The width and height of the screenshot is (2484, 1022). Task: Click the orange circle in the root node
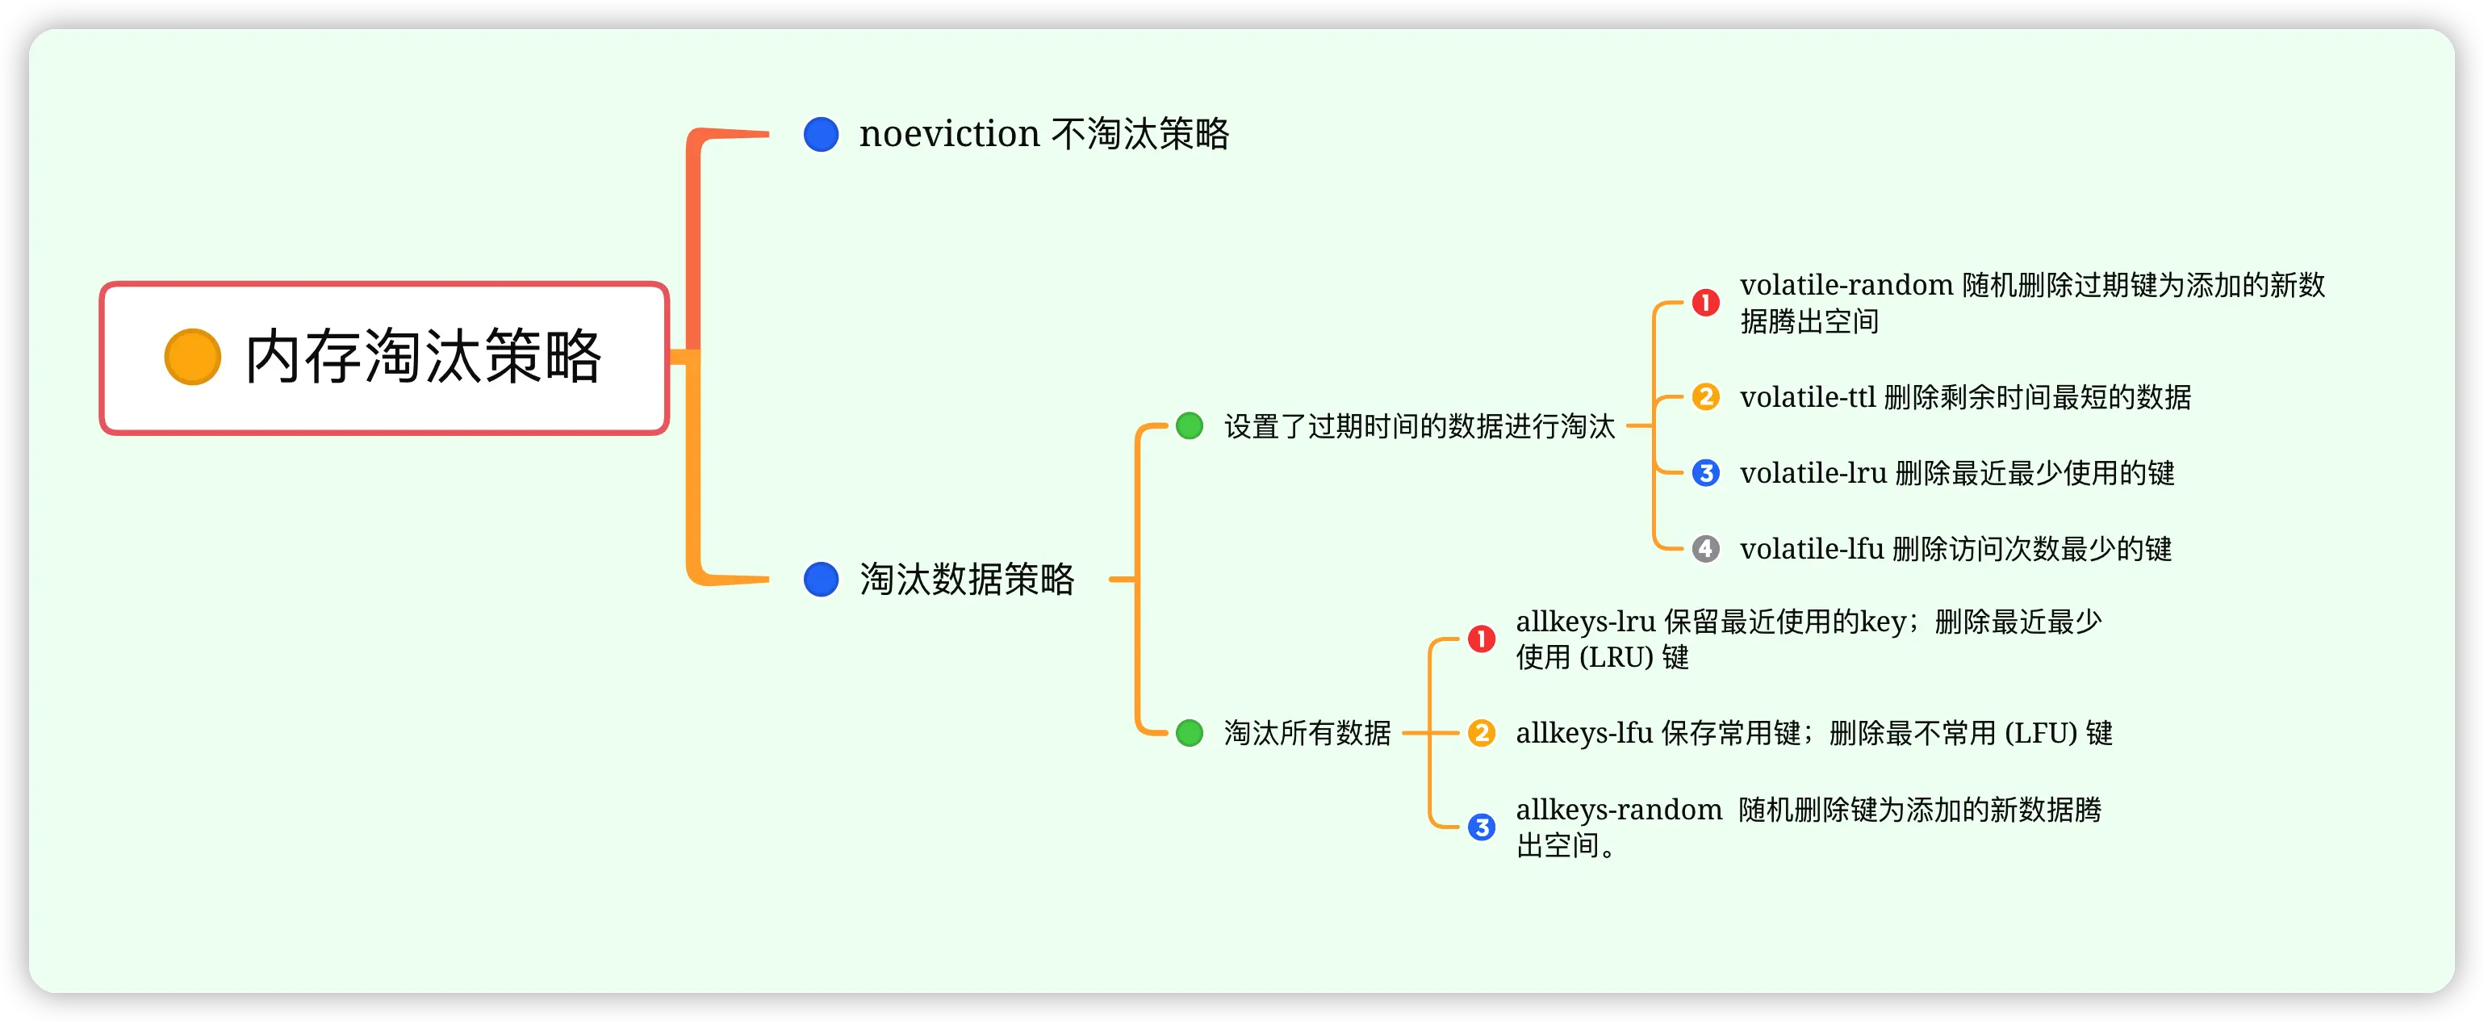[193, 357]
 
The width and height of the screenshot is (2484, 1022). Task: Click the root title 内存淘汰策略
[424, 357]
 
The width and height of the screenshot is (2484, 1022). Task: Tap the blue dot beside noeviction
[821, 134]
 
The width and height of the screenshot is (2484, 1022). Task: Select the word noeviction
[949, 134]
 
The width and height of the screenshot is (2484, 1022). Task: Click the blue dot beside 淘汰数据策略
[821, 580]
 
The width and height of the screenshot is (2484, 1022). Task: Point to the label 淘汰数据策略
[966, 580]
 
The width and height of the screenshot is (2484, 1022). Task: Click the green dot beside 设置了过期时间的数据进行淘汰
[1189, 425]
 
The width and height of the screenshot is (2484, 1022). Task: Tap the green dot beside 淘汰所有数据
[1189, 733]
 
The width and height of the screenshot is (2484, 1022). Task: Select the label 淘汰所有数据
[1307, 733]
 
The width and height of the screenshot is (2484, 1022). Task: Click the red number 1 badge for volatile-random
[1705, 303]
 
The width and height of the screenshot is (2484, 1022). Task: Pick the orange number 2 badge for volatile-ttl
[1705, 397]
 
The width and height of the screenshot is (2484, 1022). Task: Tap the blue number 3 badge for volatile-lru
[1705, 473]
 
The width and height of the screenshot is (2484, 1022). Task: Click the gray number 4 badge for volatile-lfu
[1705, 550]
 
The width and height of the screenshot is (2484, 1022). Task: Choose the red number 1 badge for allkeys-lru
[1481, 639]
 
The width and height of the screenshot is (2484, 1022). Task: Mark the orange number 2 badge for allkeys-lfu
[1481, 734]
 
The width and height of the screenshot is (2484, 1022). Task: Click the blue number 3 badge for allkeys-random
[1481, 827]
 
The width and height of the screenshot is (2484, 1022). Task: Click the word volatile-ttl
[1807, 397]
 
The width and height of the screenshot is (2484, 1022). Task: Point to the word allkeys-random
[1618, 810]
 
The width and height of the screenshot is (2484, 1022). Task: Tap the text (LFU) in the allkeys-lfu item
[2040, 734]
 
